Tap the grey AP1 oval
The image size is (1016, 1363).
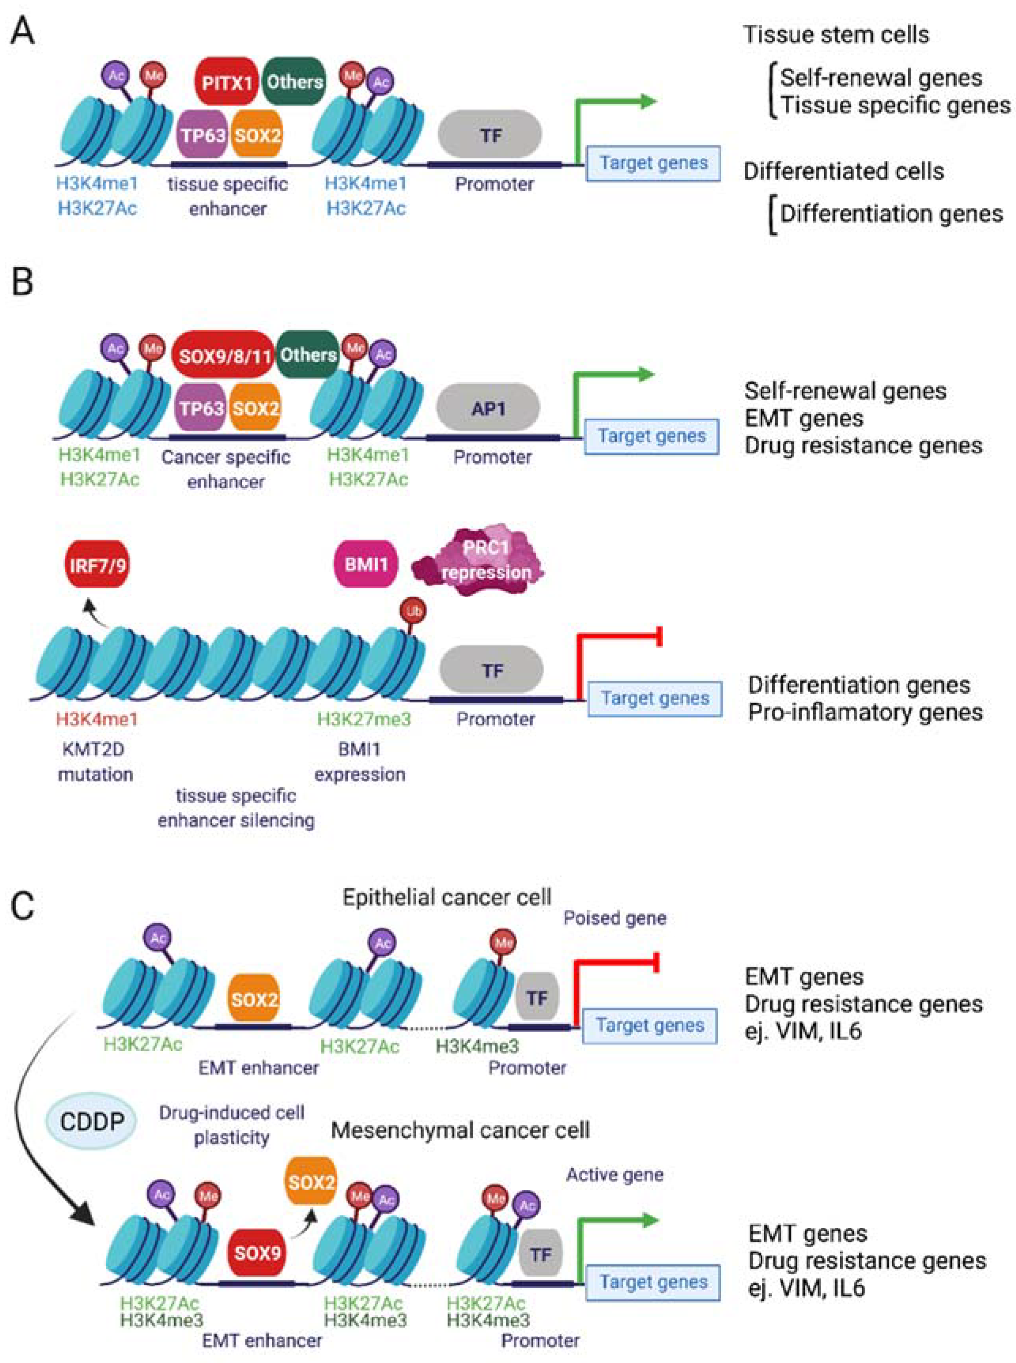click(x=488, y=408)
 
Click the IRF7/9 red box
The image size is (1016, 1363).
click(x=97, y=564)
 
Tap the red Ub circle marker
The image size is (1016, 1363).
click(x=413, y=612)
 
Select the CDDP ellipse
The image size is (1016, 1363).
click(x=92, y=1121)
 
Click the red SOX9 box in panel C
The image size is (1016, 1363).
click(x=257, y=1252)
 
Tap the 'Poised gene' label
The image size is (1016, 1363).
click(x=615, y=918)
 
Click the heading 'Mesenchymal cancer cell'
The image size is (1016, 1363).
click(x=460, y=1130)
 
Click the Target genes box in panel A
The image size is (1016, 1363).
click(x=653, y=163)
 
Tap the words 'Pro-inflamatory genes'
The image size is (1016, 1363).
click(x=865, y=712)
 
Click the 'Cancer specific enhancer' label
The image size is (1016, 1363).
click(x=226, y=469)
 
